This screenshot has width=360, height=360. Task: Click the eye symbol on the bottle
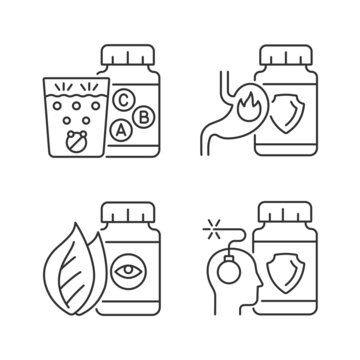(127, 269)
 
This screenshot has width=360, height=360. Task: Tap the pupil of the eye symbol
(127, 269)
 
